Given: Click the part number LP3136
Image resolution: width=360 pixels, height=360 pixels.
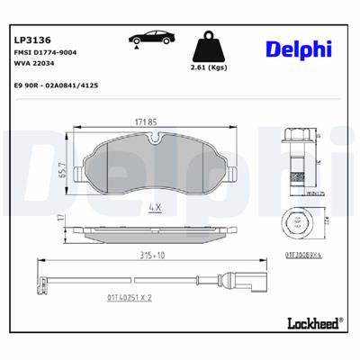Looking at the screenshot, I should [x=33, y=40].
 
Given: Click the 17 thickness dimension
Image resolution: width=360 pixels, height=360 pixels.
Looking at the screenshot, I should [x=60, y=218].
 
